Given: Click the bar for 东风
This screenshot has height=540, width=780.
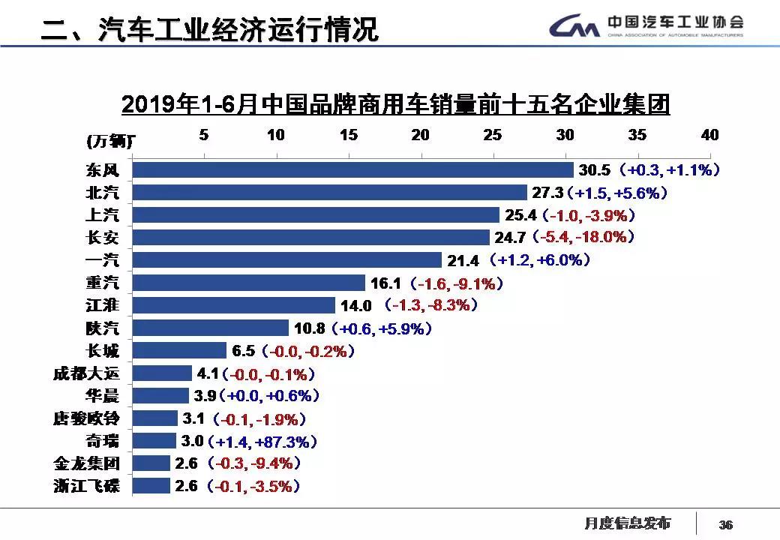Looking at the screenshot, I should [352, 170].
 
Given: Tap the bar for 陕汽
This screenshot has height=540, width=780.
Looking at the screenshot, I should [210, 328].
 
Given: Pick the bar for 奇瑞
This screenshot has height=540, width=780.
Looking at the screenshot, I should [154, 440].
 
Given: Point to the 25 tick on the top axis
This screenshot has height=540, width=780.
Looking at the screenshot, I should [492, 135].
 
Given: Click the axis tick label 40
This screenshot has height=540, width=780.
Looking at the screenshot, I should [709, 135].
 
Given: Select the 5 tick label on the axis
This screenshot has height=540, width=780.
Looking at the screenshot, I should [204, 135].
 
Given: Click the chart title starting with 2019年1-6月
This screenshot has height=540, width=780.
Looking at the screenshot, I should [394, 104].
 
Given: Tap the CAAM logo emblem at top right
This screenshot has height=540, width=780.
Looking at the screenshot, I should [574, 28].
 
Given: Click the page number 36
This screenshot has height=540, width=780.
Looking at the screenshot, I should [725, 524].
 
